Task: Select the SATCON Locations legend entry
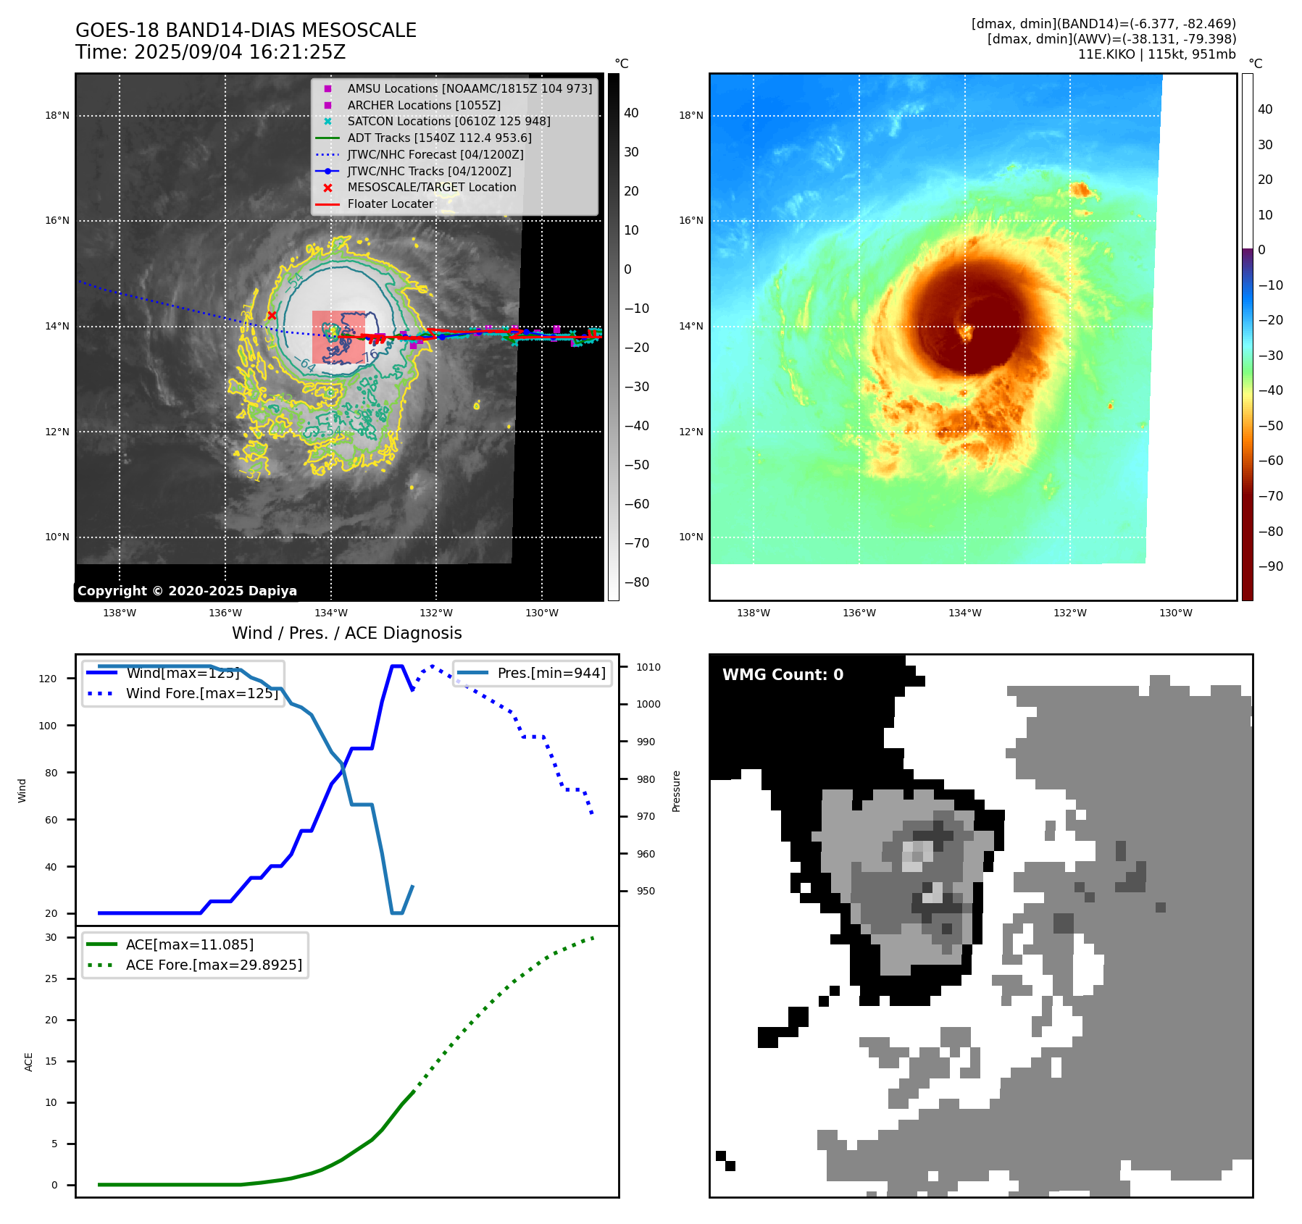[448, 122]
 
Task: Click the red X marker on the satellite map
[272, 315]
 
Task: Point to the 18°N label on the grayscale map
[57, 115]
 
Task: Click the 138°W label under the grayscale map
[120, 613]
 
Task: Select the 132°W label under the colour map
[1069, 613]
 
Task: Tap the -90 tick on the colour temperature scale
[1271, 566]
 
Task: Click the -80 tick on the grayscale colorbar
[637, 582]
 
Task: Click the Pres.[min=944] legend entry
[551, 674]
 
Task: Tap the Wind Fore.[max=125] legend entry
[201, 694]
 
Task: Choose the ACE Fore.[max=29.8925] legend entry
[213, 965]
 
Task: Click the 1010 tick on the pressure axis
[648, 667]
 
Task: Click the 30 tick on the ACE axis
[51, 937]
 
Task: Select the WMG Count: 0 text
[783, 675]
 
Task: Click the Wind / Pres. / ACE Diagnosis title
[346, 633]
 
